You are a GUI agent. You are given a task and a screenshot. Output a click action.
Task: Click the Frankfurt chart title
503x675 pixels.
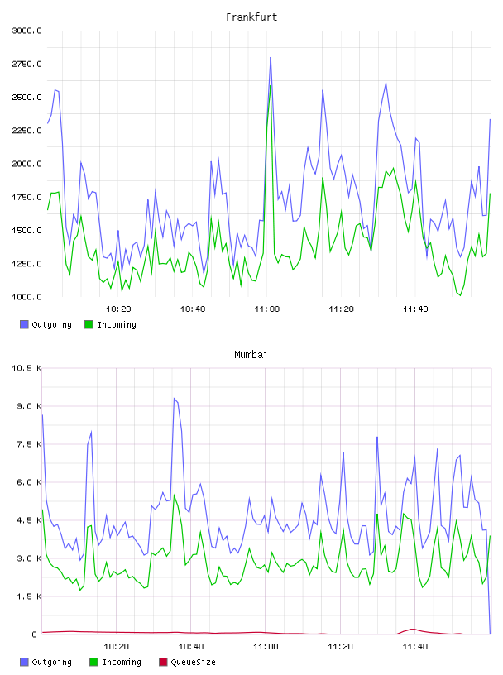coord(251,17)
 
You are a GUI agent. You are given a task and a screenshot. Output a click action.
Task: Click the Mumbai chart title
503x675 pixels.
coord(251,355)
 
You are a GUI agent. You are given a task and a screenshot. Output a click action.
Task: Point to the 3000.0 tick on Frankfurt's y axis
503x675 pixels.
coord(26,31)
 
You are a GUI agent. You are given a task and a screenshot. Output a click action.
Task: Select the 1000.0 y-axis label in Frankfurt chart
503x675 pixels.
coord(26,297)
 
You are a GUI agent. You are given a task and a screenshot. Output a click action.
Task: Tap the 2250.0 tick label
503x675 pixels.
coord(26,131)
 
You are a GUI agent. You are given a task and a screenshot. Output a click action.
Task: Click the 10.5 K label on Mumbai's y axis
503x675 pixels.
coord(26,368)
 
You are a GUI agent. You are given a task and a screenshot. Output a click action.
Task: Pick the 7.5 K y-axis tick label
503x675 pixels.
coord(29,444)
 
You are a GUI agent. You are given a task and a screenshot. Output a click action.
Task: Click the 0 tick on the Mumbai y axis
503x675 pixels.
coord(35,634)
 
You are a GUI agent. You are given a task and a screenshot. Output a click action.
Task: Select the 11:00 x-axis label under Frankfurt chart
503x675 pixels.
coord(267,309)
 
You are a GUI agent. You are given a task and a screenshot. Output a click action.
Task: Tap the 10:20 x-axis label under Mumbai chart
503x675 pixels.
coord(117,647)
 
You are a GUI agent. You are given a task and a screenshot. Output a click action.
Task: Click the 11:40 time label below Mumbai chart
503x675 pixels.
coord(415,647)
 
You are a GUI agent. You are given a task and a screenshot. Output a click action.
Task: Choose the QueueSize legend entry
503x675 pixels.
coord(187,662)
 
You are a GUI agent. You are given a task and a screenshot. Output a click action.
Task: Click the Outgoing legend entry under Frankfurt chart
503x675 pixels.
coord(46,324)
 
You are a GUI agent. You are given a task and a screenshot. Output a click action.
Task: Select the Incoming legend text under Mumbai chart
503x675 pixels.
coord(122,662)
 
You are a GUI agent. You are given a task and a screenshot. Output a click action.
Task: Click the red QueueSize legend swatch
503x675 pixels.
coord(163,662)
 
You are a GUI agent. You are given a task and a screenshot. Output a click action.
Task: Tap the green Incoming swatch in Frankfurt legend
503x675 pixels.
coord(89,324)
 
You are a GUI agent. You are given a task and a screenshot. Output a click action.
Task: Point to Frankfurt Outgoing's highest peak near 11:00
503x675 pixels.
coord(271,57)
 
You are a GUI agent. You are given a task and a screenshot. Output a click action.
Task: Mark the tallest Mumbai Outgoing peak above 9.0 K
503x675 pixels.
coord(174,399)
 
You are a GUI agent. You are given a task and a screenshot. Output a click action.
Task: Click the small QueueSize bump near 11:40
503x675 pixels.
coord(413,629)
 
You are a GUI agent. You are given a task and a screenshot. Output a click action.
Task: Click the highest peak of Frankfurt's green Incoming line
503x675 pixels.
coord(271,85)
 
